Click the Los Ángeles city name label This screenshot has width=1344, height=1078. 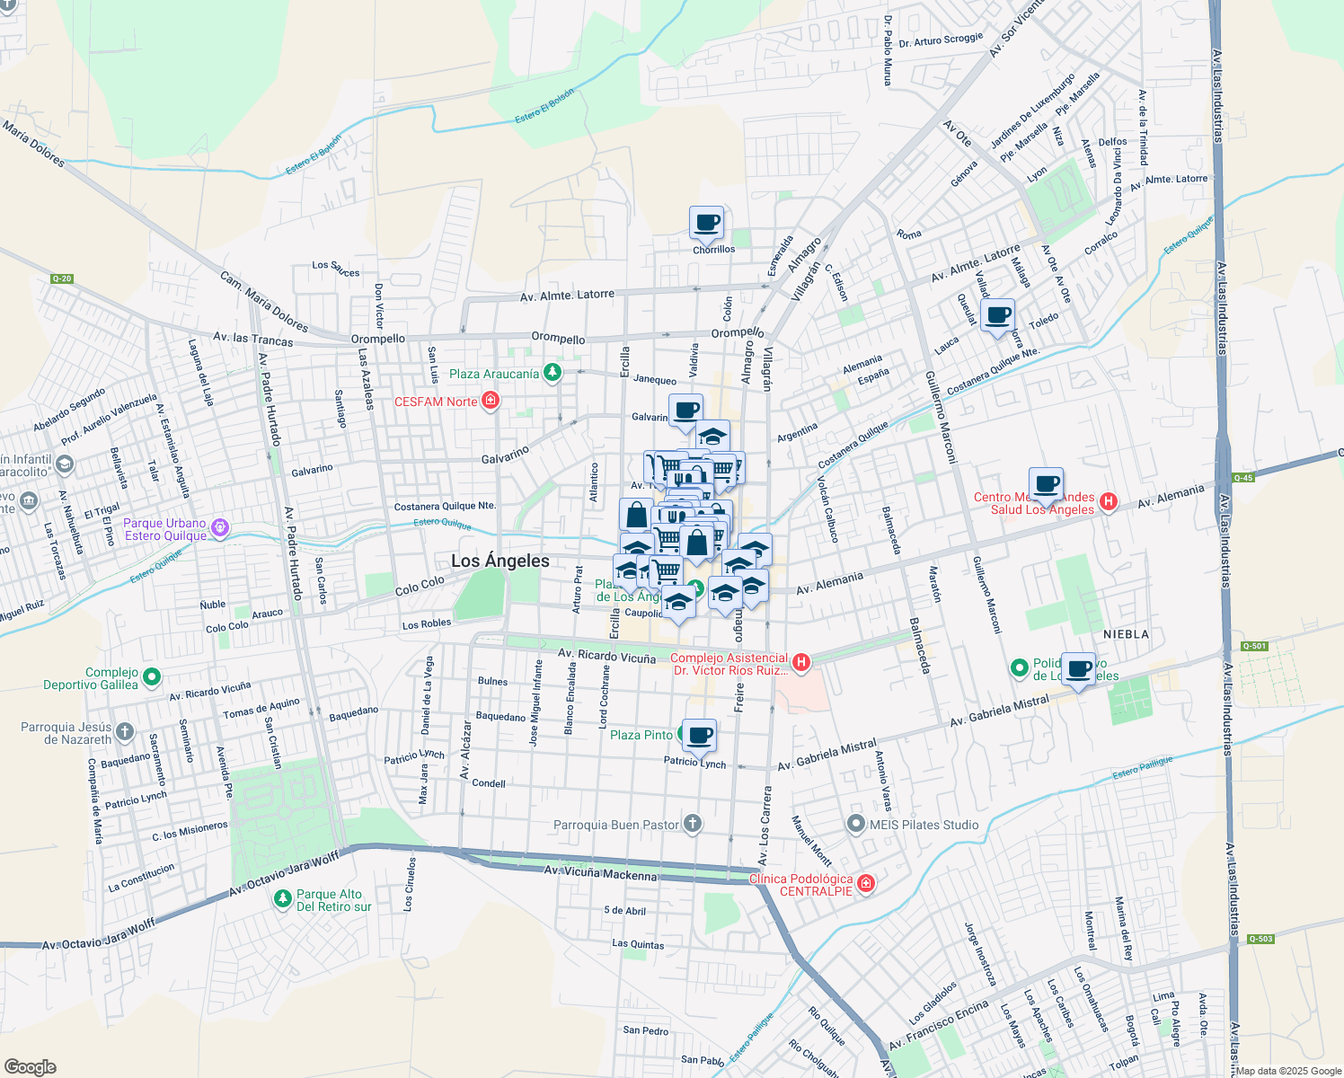pyautogui.click(x=500, y=561)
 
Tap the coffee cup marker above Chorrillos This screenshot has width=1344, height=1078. pyautogui.click(x=706, y=223)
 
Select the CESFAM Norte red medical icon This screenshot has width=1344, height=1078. pyautogui.click(x=491, y=401)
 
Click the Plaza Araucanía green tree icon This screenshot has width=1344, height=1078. pyautogui.click(x=552, y=373)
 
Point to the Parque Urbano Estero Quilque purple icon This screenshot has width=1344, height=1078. pyautogui.click(x=220, y=529)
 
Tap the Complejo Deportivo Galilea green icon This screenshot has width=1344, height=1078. pyautogui.click(x=152, y=676)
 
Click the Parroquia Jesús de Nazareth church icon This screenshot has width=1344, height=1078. pyautogui.click(x=125, y=732)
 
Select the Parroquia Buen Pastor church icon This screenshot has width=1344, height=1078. pyautogui.click(x=692, y=824)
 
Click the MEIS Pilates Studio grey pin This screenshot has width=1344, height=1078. pyautogui.click(x=856, y=824)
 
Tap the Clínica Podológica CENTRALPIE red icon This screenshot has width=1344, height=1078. pyautogui.click(x=865, y=884)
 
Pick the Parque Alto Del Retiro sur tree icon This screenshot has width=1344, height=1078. pyautogui.click(x=283, y=898)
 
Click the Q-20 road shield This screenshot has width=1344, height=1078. pyautogui.click(x=61, y=278)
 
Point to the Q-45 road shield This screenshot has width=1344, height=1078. pyautogui.click(x=1242, y=478)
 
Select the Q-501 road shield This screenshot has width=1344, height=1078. pyautogui.click(x=1254, y=646)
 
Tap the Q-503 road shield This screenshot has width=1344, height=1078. pyautogui.click(x=1260, y=939)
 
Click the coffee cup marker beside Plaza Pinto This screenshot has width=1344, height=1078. pyautogui.click(x=699, y=736)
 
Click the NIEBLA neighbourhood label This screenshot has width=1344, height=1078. pyautogui.click(x=1126, y=634)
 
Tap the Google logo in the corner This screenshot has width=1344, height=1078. pyautogui.click(x=30, y=1067)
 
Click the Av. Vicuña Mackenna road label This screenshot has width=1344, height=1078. pyautogui.click(x=600, y=872)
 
